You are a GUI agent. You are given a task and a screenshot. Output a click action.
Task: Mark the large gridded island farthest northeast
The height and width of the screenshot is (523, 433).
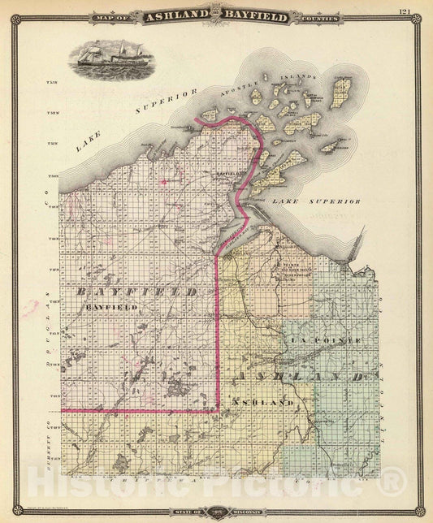pos(341,92)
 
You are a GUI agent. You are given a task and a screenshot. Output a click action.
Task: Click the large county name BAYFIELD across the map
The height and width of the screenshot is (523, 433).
pos(138,291)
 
